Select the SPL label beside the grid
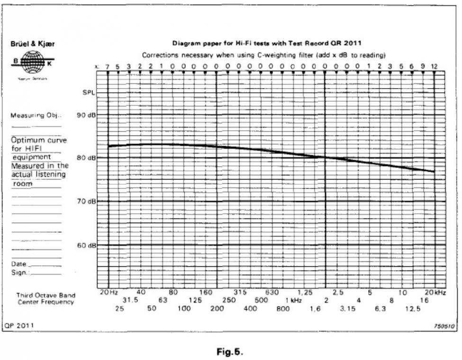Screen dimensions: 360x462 [88, 93]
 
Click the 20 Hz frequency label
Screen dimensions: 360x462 [109, 293]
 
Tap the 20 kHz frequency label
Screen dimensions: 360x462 [435, 293]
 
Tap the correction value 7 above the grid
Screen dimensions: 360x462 [108, 66]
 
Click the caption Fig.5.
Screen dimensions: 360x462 [229, 351]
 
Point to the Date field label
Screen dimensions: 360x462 [19, 264]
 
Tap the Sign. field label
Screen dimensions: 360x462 [20, 272]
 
